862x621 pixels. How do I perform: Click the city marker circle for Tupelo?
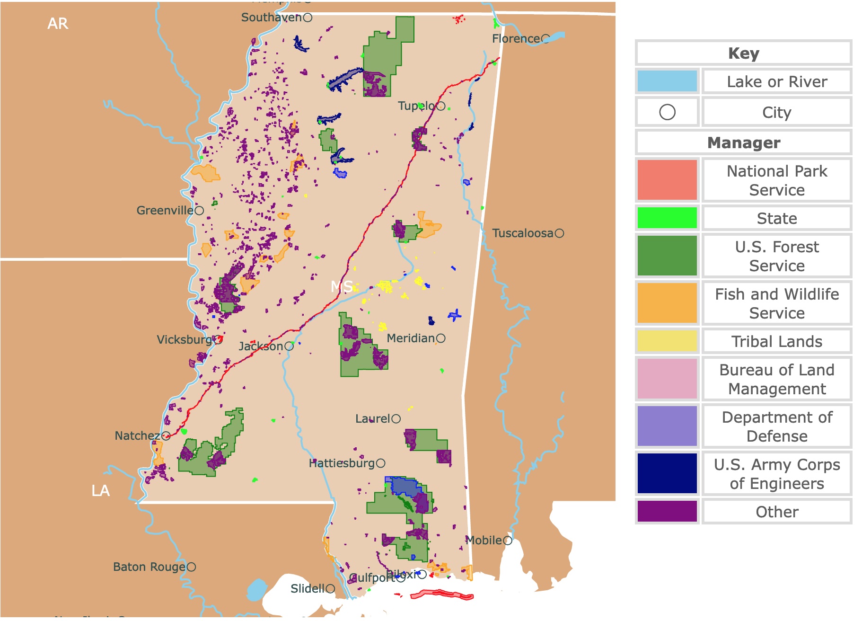440,106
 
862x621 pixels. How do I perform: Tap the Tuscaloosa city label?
522,233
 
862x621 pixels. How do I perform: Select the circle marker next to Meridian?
440,338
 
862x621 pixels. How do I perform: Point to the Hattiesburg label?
342,463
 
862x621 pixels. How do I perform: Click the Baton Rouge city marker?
191,567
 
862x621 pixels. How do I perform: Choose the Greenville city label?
165,211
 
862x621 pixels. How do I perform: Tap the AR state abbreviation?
58,24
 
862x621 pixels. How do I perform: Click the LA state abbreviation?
100,491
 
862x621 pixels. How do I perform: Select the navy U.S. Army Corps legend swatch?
667,473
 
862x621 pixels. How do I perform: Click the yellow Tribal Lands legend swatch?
667,341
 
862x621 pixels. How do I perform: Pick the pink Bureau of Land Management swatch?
667,379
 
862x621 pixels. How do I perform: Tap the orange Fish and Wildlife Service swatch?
667,303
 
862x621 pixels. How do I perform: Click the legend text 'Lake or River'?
776,82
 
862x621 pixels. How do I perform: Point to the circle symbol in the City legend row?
667,112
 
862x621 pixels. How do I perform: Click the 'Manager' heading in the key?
743,142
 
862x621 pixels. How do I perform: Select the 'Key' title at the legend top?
743,53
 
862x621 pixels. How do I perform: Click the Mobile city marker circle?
508,541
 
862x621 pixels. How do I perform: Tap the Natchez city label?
137,436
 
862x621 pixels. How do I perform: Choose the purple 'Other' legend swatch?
667,511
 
